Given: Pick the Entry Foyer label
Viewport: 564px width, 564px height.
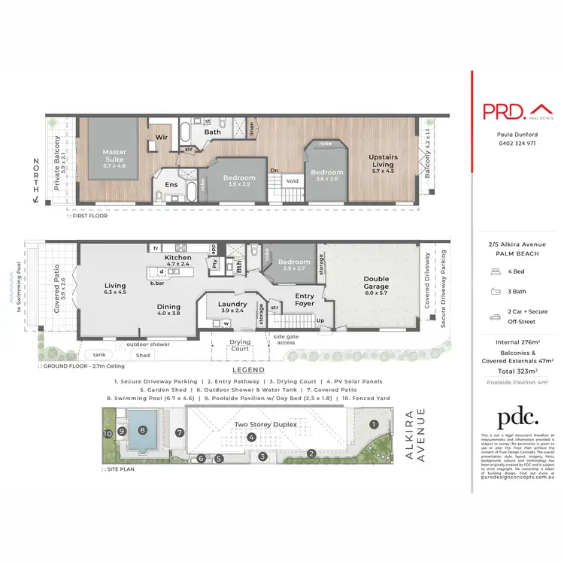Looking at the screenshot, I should tap(305, 300).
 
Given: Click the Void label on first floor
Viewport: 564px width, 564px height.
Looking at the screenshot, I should tap(293, 180).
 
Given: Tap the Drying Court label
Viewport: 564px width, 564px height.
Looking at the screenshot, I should tap(240, 346).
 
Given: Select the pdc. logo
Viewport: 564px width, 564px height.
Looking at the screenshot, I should tap(518, 418).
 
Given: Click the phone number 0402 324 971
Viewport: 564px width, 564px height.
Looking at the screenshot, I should tap(517, 143).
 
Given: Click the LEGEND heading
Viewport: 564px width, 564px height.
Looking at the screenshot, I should tap(247, 371).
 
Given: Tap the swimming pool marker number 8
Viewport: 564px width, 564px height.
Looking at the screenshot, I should tap(143, 431).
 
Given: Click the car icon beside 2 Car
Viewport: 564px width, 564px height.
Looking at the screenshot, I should tap(496, 317).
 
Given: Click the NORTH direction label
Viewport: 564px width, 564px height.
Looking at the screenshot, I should tap(35, 174).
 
